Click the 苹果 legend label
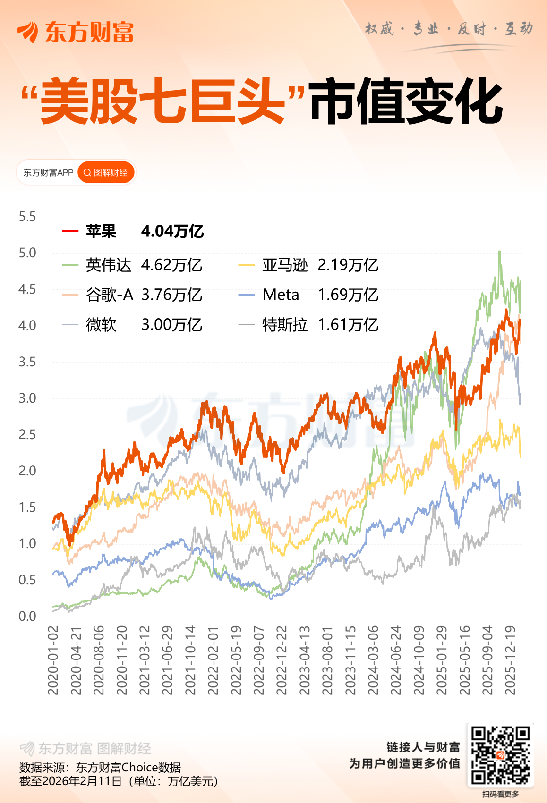click(101, 231)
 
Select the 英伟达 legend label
click(108, 265)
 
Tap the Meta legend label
click(281, 295)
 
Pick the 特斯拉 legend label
click(284, 325)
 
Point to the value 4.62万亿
click(171, 265)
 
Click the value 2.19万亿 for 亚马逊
click(348, 265)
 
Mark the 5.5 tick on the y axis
click(27, 217)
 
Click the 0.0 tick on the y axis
click(27, 616)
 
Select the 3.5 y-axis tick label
click(27, 362)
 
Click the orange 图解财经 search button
click(106, 173)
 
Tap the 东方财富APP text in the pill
click(48, 173)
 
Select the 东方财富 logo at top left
click(76, 32)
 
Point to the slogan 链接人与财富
click(423, 747)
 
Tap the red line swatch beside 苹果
click(70, 231)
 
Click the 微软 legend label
click(101, 325)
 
